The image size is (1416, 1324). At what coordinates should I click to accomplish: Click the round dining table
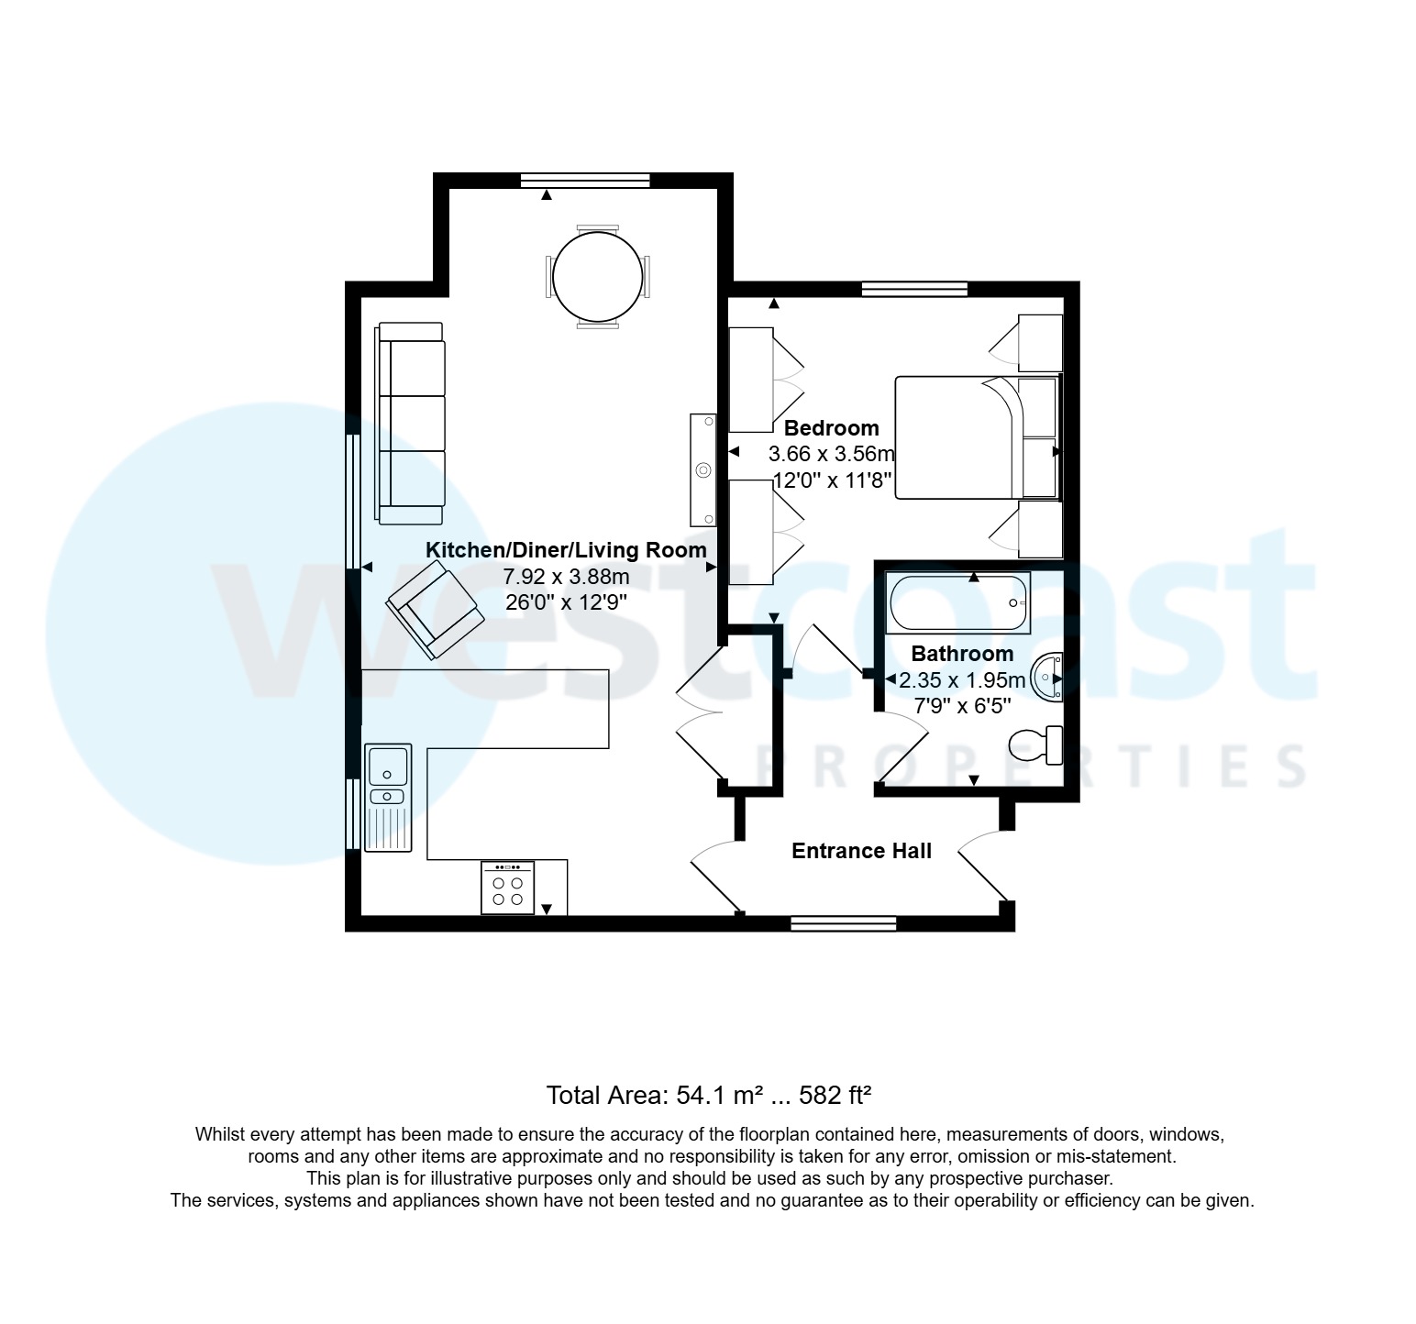597,276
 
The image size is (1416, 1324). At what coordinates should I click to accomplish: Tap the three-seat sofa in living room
411,423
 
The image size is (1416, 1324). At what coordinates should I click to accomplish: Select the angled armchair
436,610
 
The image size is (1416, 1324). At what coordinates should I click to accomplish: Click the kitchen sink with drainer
388,796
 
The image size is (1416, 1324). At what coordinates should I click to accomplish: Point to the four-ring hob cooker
507,888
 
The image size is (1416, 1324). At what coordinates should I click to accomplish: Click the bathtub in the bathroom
957,602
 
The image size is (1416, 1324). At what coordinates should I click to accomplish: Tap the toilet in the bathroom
1036,745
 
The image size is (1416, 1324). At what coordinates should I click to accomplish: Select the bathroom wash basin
1048,678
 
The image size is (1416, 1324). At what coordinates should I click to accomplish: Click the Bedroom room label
831,428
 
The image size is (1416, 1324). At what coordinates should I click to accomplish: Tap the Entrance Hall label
861,851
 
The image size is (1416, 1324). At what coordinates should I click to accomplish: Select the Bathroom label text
961,654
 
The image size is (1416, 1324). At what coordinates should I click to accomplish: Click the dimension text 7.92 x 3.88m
566,577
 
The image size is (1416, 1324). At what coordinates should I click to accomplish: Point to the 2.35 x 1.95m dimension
961,680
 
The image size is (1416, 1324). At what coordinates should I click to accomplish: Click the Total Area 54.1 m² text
707,1095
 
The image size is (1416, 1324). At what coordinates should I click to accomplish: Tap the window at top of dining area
584,181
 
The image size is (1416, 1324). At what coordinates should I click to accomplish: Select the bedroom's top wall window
914,290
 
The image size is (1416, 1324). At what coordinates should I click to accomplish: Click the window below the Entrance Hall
843,923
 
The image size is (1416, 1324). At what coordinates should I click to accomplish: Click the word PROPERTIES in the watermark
1027,767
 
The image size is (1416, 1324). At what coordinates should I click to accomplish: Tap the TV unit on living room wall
703,470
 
